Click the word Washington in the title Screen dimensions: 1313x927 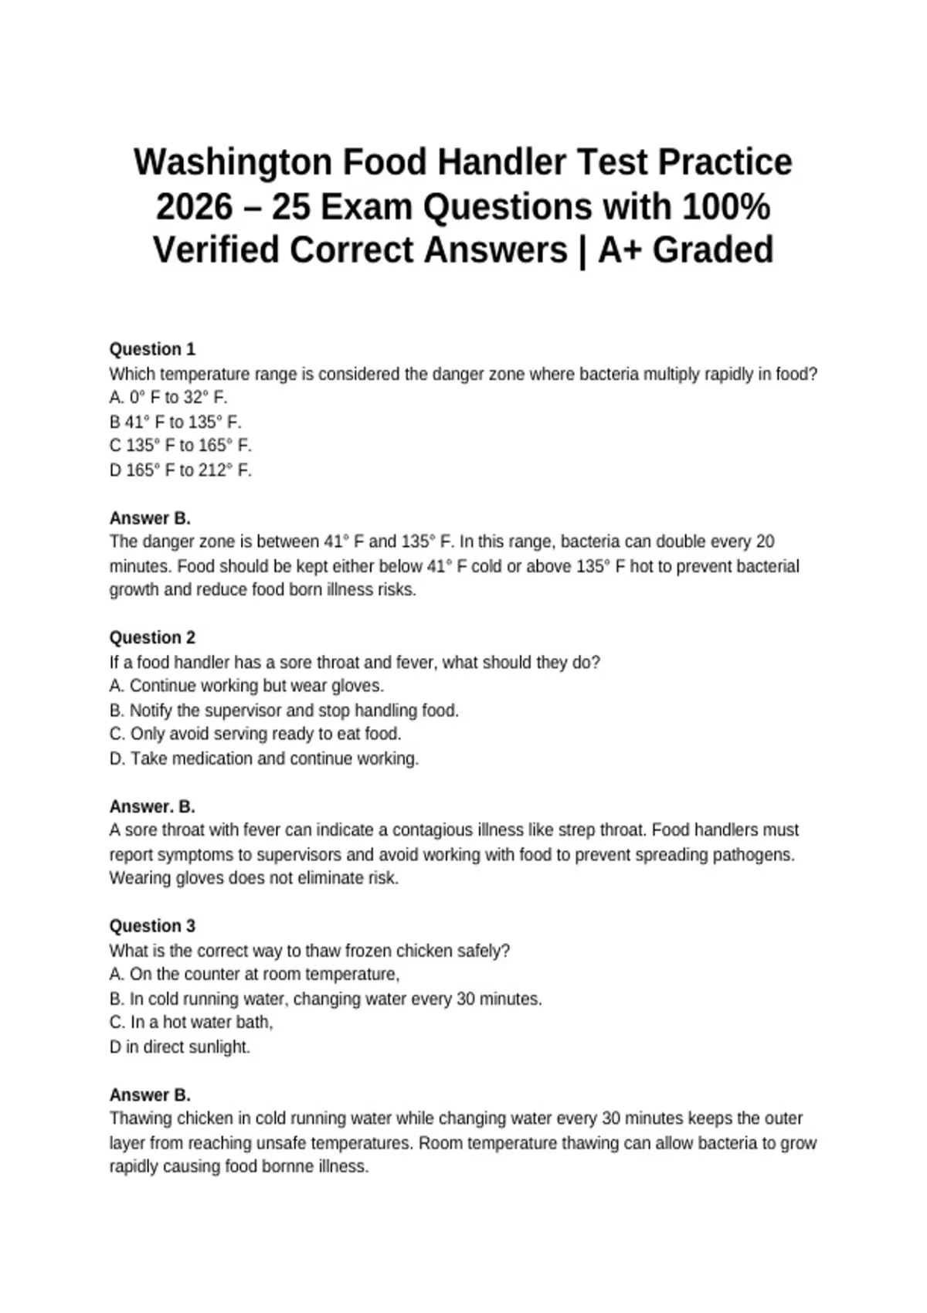tap(233, 163)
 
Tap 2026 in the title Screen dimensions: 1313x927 tap(194, 207)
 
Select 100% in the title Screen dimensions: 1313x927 tap(725, 207)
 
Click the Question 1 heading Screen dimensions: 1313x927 tap(152, 349)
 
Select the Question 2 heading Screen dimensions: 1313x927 tap(152, 638)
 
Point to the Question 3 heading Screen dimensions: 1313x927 tap(152, 926)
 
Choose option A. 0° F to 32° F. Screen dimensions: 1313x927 tap(168, 398)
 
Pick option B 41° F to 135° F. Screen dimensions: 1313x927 tap(175, 422)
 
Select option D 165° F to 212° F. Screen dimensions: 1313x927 tap(181, 470)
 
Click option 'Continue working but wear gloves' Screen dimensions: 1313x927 tap(247, 686)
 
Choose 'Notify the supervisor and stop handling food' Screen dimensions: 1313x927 tap(284, 711)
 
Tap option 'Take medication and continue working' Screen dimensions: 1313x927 tap(264, 758)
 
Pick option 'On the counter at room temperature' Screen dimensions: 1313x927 tap(255, 975)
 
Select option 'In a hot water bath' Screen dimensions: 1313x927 tap(192, 1023)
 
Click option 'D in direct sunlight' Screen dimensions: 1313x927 tap(180, 1047)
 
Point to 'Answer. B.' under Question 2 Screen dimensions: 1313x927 tap(152, 807)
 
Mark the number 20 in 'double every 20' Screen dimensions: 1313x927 tap(765, 542)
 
